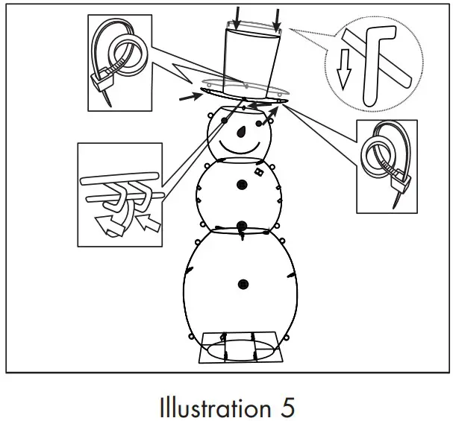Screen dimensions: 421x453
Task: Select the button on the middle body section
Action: pos(241,185)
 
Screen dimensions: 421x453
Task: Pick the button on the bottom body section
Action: pos(243,284)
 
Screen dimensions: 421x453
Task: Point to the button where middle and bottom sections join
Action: pos(242,226)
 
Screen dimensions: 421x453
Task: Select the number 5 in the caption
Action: pos(287,407)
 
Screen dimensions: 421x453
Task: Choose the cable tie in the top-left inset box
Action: pos(119,60)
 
